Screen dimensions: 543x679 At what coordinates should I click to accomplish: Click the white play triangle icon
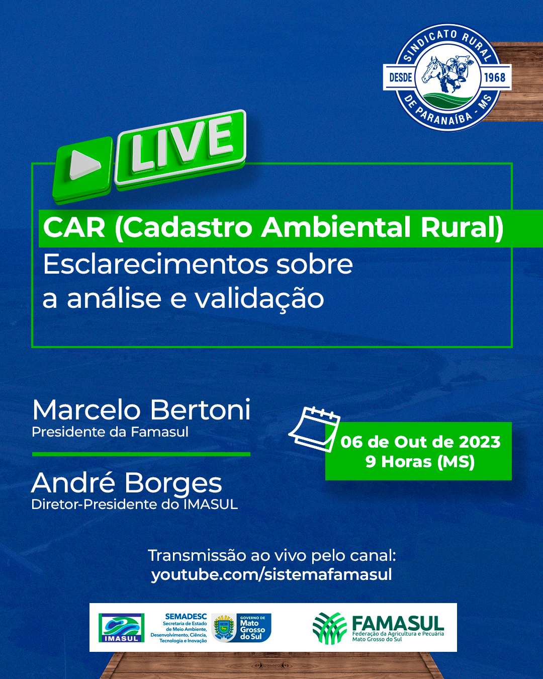point(83,164)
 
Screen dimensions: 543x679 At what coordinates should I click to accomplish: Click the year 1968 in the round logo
point(494,77)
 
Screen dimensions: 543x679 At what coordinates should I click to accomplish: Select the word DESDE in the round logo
point(401,77)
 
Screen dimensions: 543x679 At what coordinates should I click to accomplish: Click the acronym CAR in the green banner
point(74,227)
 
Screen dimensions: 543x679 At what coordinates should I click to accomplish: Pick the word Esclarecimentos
point(155,264)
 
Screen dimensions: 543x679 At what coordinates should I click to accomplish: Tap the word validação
point(259,298)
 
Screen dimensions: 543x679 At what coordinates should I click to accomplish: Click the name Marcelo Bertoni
point(141,410)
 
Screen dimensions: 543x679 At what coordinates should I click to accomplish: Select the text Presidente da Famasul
point(110,432)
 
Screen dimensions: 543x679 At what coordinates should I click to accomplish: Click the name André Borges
point(127,482)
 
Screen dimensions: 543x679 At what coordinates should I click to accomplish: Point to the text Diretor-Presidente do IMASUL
point(134,504)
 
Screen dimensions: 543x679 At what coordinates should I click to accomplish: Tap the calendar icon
point(314,430)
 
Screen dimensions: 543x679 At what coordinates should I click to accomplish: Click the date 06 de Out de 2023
point(420,442)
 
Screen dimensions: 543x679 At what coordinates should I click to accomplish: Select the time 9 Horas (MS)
point(420,462)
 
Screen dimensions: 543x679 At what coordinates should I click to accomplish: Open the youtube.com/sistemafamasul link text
point(271,574)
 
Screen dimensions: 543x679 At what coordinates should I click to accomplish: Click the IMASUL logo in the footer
point(122,628)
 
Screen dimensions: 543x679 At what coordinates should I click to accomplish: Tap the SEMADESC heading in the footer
point(186,617)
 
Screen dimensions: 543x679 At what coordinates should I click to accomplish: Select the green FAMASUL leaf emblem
point(329,628)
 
